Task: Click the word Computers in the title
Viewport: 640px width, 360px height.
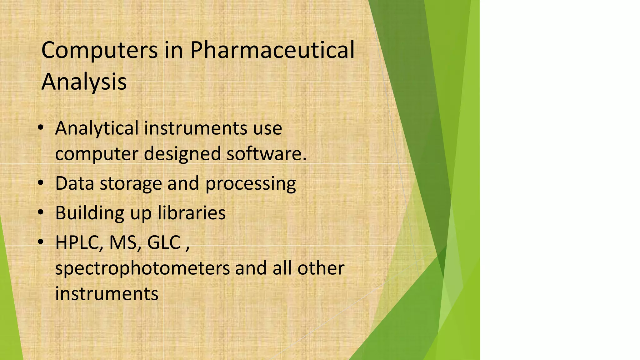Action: tap(99, 50)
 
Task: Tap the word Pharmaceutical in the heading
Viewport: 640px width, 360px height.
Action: tap(272, 50)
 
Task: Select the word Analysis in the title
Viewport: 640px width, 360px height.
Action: tap(84, 82)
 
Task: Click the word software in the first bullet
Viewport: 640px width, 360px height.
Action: tap(266, 154)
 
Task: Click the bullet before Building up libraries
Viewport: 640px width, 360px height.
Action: tap(41, 212)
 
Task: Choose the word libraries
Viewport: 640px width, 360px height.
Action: tap(192, 213)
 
